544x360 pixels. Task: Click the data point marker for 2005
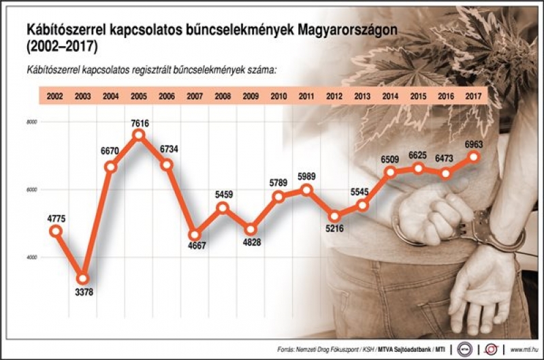139,134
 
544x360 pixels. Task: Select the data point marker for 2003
83,278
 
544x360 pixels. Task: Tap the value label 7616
140,123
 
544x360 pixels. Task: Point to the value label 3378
83,293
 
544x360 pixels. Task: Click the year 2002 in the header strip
55,97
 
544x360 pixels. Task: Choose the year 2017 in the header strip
474,97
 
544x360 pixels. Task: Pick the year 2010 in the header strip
278,97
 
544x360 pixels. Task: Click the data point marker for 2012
334,216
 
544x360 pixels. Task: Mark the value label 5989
306,177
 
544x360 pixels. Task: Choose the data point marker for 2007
194,235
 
